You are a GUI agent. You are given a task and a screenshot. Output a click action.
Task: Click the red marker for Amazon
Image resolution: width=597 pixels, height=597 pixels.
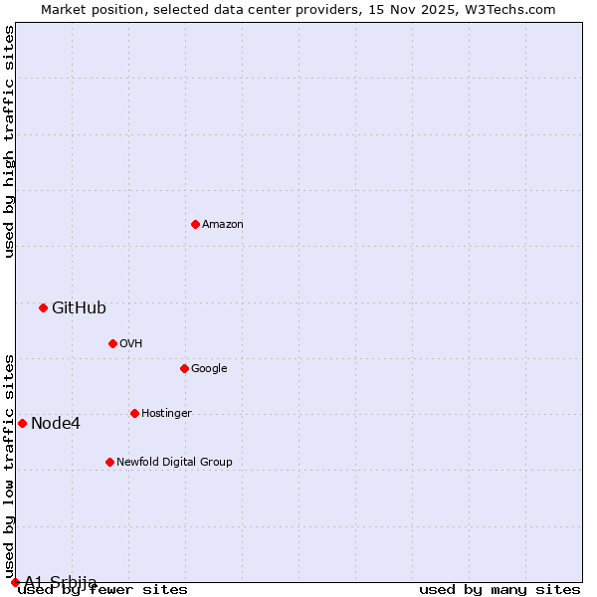pyautogui.click(x=195, y=224)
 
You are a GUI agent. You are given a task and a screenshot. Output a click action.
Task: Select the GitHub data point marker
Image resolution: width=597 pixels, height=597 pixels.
pyautogui.click(x=43, y=307)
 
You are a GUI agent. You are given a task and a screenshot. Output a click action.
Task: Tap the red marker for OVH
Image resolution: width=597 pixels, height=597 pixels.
pyautogui.click(x=112, y=343)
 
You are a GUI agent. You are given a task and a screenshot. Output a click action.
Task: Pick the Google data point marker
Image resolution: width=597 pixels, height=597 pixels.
pyautogui.click(x=184, y=368)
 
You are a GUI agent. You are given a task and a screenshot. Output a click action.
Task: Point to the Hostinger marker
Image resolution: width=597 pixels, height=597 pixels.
pyautogui.click(x=134, y=413)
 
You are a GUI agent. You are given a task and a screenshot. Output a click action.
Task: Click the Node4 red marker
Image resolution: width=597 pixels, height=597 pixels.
pyautogui.click(x=22, y=423)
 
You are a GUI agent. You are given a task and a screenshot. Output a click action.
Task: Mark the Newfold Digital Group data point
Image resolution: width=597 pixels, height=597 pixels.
pyautogui.click(x=109, y=462)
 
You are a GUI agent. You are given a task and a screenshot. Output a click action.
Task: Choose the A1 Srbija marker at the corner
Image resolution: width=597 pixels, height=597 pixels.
pyautogui.click(x=15, y=582)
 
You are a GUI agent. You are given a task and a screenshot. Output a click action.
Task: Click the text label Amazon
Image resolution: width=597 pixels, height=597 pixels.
pyautogui.click(x=223, y=225)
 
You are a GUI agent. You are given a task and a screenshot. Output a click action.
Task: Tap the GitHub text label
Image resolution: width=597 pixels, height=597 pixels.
pyautogui.click(x=79, y=308)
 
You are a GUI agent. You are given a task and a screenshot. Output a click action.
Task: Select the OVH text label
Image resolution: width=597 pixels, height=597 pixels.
pyautogui.click(x=131, y=344)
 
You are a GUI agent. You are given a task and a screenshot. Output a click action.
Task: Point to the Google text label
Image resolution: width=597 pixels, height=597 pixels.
pyautogui.click(x=209, y=369)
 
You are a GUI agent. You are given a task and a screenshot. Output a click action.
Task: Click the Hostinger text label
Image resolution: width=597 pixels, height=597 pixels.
pyautogui.click(x=166, y=414)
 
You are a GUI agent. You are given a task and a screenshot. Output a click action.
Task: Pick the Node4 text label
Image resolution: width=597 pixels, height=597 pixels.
pyautogui.click(x=56, y=424)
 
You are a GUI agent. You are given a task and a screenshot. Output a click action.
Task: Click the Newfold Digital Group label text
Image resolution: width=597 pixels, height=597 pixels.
pyautogui.click(x=174, y=463)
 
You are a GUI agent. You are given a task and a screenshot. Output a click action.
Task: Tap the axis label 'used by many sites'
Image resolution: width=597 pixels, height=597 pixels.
pyautogui.click(x=499, y=590)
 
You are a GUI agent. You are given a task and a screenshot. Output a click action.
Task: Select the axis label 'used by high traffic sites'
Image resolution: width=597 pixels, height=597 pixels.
pyautogui.click(x=10, y=141)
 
